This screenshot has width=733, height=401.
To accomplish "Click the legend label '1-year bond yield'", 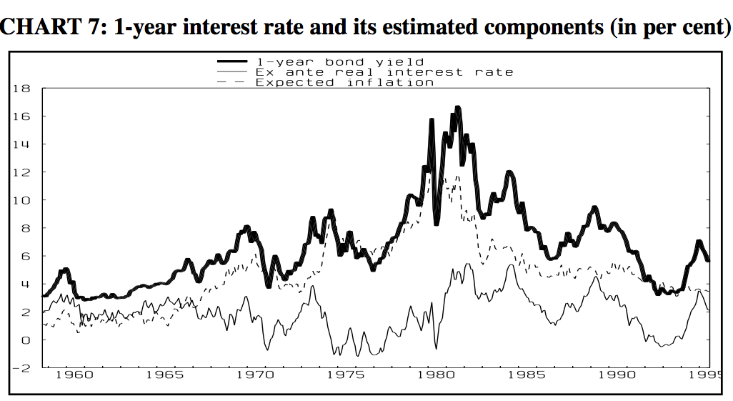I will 339,62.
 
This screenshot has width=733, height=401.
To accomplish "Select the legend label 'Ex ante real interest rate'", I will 384,72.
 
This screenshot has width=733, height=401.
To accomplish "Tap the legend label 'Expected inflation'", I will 344,82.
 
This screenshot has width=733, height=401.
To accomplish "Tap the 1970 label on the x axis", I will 255,375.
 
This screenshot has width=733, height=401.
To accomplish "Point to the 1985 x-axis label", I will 527,375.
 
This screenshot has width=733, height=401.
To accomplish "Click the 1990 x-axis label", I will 617,375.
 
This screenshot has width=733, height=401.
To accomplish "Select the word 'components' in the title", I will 540,28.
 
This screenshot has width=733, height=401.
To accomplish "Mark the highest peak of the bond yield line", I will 457,108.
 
